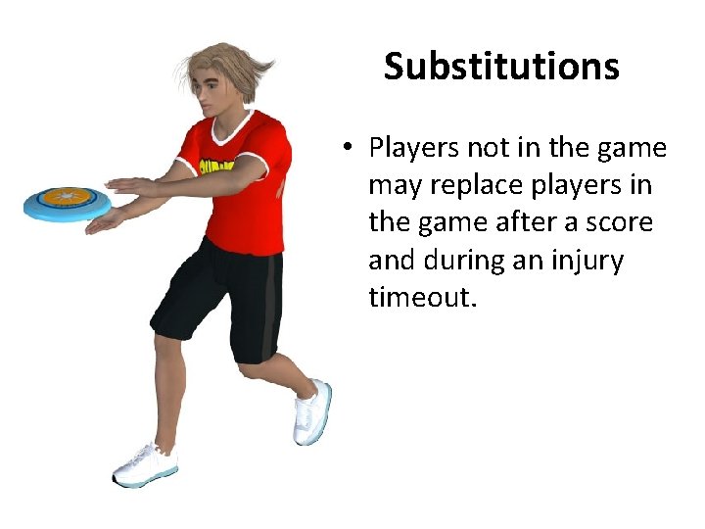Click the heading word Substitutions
click(501, 67)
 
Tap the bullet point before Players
click(348, 149)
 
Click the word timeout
click(422, 297)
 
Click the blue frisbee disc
click(67, 203)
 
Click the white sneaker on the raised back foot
click(312, 411)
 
